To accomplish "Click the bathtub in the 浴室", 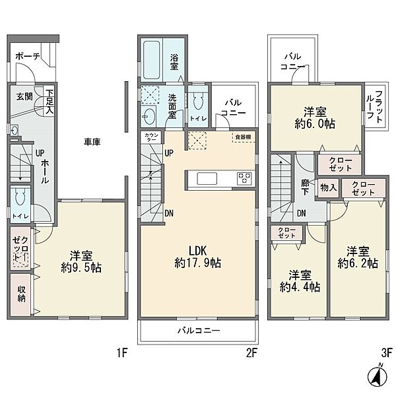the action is [152, 60].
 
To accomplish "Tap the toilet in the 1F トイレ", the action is [20, 197].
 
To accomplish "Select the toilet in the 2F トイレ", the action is [198, 100].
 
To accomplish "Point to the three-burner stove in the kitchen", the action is [244, 178].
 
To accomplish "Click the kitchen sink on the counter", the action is [207, 179].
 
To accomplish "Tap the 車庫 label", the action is [92, 142].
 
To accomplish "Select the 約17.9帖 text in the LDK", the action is [198, 263].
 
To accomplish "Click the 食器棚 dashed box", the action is [243, 137].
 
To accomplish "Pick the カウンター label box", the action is [152, 138].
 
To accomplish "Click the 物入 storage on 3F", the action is [328, 187].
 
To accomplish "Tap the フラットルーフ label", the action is [374, 107].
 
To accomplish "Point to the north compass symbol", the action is [377, 378].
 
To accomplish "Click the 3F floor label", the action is [386, 352].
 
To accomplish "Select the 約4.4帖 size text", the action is [300, 287].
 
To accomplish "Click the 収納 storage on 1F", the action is [20, 294].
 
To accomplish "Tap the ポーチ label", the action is [28, 56].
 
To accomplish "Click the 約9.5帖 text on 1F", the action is [81, 268].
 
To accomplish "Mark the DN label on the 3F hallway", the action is [301, 213].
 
